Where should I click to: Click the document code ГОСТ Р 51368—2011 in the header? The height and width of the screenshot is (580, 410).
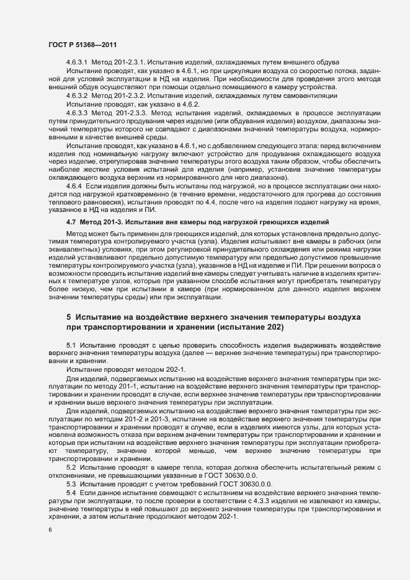pos(82,45)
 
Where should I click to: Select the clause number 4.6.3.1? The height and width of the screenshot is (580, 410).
pos(77,63)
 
